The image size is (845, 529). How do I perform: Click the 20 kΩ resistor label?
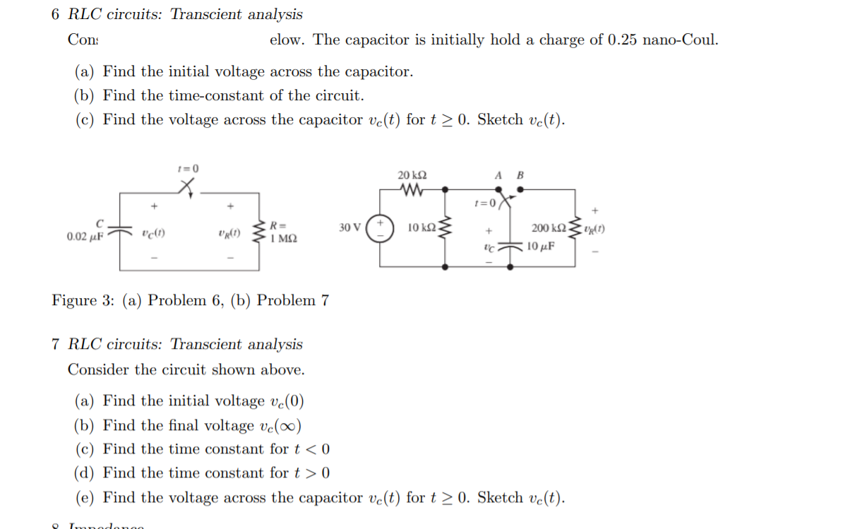pyautogui.click(x=412, y=174)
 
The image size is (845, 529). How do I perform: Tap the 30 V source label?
pyautogui.click(x=349, y=227)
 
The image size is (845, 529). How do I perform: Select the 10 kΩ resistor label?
pyautogui.click(x=421, y=227)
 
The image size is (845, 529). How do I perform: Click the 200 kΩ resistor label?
pyautogui.click(x=547, y=227)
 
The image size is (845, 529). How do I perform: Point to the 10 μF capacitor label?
pyautogui.click(x=541, y=246)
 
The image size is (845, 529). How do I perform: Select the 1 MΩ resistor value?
pyautogui.click(x=283, y=239)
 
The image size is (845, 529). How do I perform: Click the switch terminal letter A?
pyautogui.click(x=498, y=175)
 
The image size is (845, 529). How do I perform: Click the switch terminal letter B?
pyautogui.click(x=521, y=175)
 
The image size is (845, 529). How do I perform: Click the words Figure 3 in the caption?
pyautogui.click(x=83, y=300)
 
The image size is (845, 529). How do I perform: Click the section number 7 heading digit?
pyautogui.click(x=56, y=345)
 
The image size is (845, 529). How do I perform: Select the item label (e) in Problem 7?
pyautogui.click(x=85, y=498)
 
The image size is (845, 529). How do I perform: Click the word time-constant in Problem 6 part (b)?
pyautogui.click(x=224, y=95)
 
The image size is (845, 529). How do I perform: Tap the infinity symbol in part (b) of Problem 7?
pyautogui.click(x=289, y=426)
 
